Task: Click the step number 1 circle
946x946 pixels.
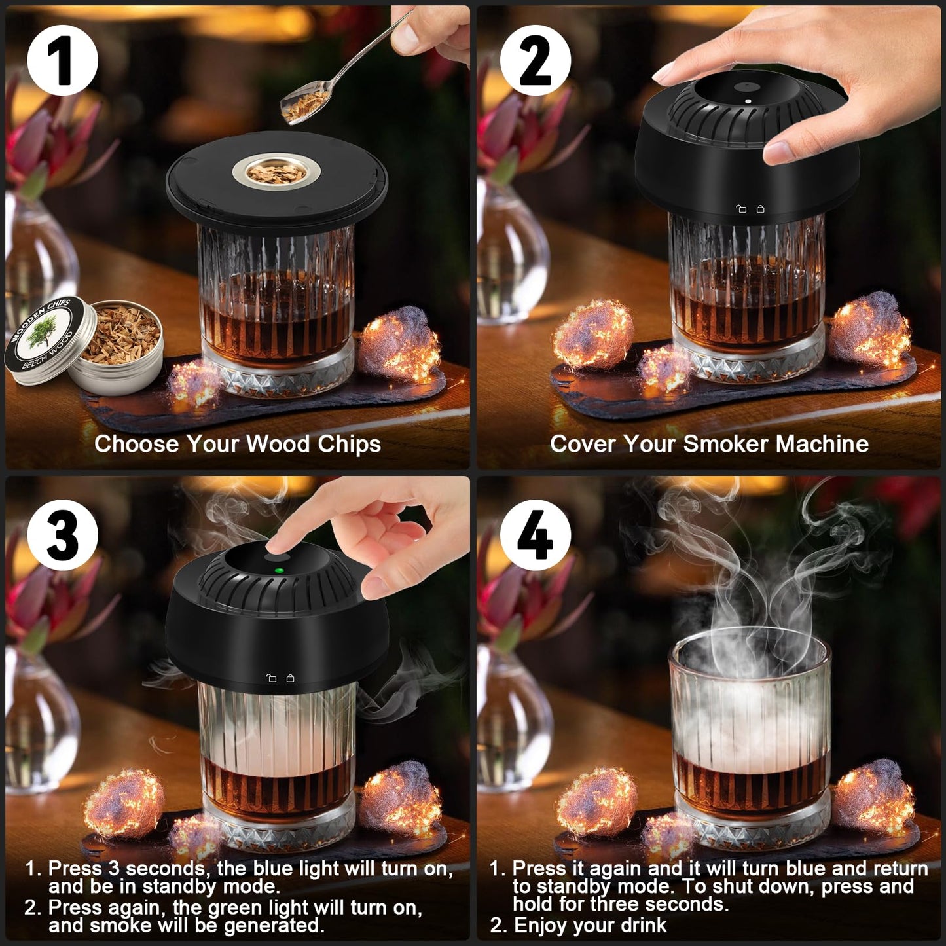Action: (62, 61)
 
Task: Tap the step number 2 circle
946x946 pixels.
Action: (536, 61)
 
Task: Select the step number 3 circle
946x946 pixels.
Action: (62, 534)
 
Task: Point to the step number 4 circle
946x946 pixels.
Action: (536, 534)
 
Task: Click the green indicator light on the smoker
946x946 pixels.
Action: (280, 571)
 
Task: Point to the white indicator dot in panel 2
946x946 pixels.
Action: (748, 101)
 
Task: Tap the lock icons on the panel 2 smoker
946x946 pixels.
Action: (750, 209)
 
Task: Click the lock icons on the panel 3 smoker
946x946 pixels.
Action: (280, 678)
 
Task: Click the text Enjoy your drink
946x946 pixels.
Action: (589, 925)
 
